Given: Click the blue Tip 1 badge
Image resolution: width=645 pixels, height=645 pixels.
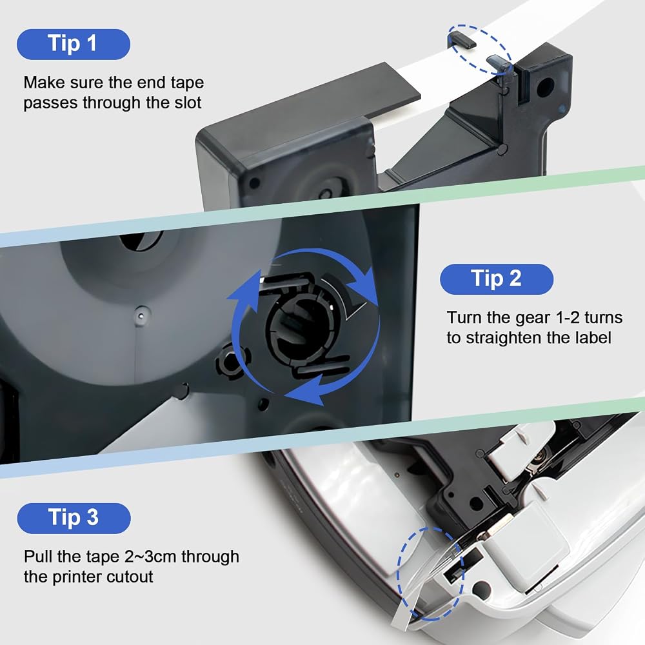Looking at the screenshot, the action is pyautogui.click(x=74, y=44).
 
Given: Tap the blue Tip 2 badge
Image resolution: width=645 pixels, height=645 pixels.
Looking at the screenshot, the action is pyautogui.click(x=497, y=279).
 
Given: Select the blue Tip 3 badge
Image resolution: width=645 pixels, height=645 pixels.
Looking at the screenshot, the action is pyautogui.click(x=74, y=518).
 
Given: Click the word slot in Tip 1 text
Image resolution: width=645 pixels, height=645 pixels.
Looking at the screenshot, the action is pyautogui.click(x=188, y=103).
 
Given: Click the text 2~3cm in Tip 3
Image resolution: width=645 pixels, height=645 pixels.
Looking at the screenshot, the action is pyautogui.click(x=150, y=557).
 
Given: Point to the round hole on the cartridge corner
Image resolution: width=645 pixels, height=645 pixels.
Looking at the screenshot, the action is pyautogui.click(x=546, y=86).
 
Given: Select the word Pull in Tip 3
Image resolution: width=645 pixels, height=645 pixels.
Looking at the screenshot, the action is pyautogui.click(x=39, y=557).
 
